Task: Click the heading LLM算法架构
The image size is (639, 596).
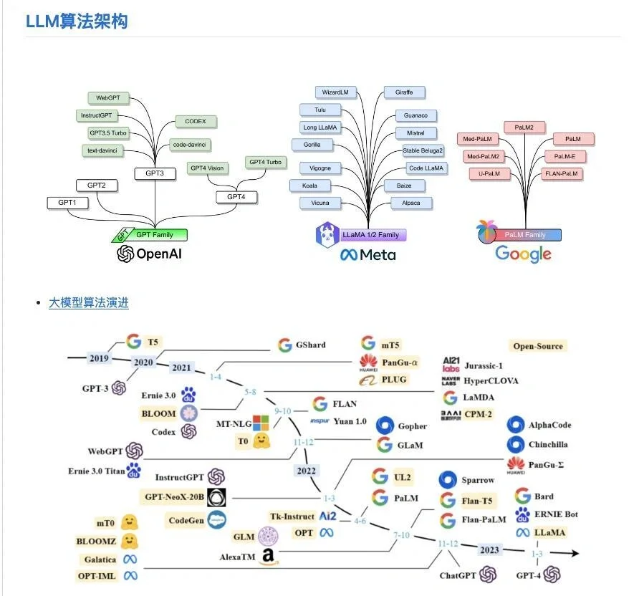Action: [77, 21]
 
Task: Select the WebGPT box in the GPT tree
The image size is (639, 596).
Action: [107, 97]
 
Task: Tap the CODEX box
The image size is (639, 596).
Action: [195, 121]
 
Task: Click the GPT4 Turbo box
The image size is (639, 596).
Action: [266, 163]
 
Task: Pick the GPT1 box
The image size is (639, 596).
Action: [67, 203]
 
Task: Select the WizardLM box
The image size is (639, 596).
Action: [335, 92]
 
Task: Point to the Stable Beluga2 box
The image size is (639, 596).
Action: [423, 151]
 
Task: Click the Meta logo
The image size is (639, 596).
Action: [367, 254]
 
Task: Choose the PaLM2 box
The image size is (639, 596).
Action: [524, 128]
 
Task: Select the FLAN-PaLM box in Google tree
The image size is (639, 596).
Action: [562, 173]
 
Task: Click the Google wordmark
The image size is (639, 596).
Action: [523, 254]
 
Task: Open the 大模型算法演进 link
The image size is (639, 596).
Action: [89, 302]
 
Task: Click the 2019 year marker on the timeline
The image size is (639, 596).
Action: [100, 357]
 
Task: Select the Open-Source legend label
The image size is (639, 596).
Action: [538, 346]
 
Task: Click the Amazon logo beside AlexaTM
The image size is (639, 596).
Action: [269, 557]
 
